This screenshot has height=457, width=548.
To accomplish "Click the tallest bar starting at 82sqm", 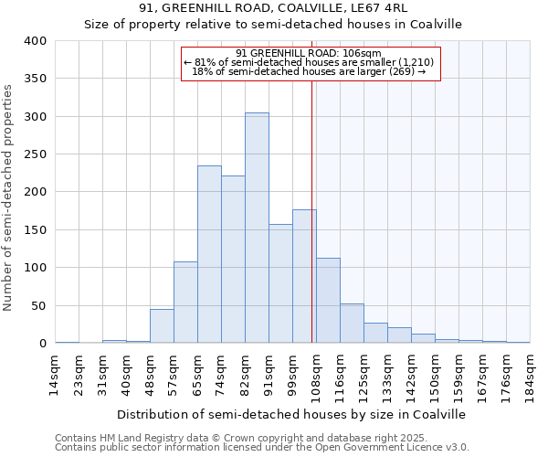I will [257, 228].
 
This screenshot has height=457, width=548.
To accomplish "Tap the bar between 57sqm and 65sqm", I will [185, 303].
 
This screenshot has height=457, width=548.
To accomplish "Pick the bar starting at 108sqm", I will [328, 301].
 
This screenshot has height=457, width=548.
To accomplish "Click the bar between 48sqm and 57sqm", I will [162, 326].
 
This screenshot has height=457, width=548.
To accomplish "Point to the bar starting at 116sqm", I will [352, 324].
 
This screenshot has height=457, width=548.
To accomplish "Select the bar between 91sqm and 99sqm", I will [280, 283].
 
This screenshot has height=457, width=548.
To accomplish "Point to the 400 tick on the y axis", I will [36, 41].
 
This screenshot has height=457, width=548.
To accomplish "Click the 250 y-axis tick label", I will [36, 154].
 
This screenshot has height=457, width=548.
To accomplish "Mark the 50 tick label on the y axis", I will [39, 306].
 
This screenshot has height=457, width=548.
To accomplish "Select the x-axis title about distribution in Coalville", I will [292, 414].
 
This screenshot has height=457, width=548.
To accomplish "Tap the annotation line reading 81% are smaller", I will [311, 62].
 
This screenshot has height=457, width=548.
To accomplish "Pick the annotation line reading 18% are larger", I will [311, 71].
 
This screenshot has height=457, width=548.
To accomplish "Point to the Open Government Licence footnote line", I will [262, 448].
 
